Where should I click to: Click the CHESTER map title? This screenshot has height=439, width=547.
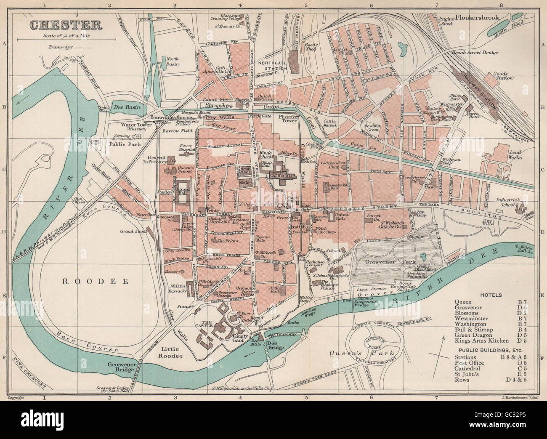[x=65, y=25]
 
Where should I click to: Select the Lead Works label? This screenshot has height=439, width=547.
[x=513, y=154]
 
